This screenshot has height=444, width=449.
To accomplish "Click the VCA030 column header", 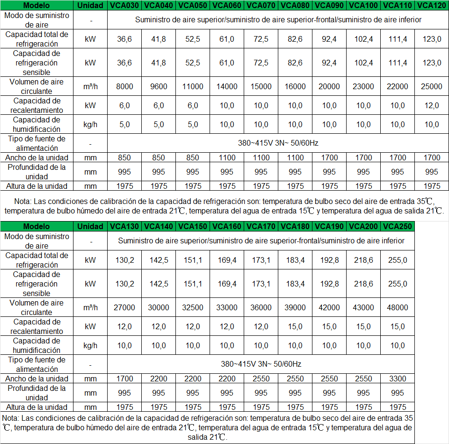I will [125, 6].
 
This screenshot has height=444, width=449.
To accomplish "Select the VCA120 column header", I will [431, 6].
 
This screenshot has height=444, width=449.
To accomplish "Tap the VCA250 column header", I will [397, 227].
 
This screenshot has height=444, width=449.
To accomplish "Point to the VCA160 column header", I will [227, 227].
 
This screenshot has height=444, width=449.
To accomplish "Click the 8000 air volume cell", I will [125, 86].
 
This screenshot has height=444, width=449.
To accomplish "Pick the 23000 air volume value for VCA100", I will [364, 86].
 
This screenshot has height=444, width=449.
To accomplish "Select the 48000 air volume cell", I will [397, 307].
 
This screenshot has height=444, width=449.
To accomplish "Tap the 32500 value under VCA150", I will [193, 307].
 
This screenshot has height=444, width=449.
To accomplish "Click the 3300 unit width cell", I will [397, 379].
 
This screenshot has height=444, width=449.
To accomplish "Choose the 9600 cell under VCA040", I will [159, 86].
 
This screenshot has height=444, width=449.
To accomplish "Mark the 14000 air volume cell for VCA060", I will [227, 86].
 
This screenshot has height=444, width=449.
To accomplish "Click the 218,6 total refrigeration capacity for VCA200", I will [364, 260].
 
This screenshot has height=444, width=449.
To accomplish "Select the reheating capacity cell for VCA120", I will [431, 105].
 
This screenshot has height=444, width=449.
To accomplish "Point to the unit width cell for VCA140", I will [159, 379].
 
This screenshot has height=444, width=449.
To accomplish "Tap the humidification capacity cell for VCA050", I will [193, 124].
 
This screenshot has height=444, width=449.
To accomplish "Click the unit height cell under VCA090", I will [330, 186].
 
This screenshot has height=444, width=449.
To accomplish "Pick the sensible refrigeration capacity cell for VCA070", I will [261, 63].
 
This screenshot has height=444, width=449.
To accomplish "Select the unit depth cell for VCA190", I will [330, 393].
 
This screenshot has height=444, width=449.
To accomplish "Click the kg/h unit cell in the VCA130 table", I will [90, 345].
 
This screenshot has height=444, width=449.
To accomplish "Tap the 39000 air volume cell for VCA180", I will [295, 307].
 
